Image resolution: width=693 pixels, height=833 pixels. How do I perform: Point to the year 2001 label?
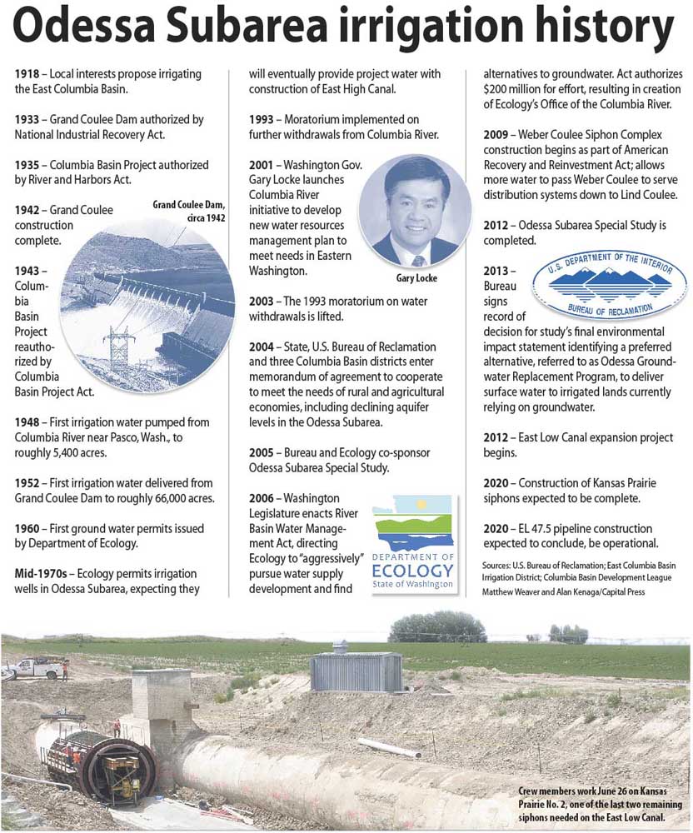pyautogui.click(x=262, y=166)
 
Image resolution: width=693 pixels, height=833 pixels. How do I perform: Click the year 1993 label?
pyautogui.click(x=262, y=120)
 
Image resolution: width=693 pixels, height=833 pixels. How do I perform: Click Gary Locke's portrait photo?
pyautogui.click(x=414, y=210)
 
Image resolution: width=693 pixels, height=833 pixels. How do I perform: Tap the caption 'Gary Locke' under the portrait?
pyautogui.click(x=414, y=277)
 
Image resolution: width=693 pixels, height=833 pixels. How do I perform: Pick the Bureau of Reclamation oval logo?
pyautogui.click(x=610, y=287)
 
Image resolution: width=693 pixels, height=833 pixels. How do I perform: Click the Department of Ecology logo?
pyautogui.click(x=413, y=542)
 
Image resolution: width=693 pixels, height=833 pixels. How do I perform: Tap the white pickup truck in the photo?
pyautogui.click(x=33, y=666)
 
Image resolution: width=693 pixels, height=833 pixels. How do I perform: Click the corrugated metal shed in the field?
pyautogui.click(x=356, y=671)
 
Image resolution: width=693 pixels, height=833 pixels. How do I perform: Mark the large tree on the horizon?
pyautogui.click(x=437, y=627)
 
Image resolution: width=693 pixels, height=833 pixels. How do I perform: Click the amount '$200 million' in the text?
pyautogui.click(x=522, y=89)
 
